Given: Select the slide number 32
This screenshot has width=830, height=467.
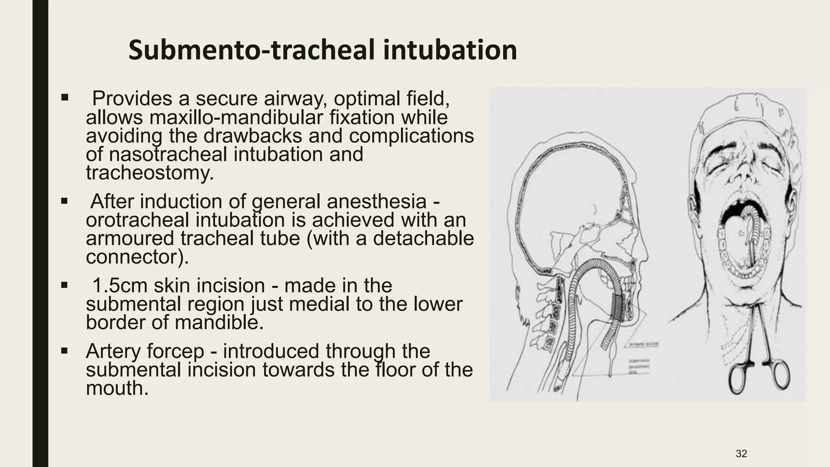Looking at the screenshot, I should pyautogui.click(x=741, y=454).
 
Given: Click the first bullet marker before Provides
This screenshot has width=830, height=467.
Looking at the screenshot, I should pyautogui.click(x=64, y=98).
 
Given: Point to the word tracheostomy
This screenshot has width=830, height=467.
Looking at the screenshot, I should pyautogui.click(x=149, y=173).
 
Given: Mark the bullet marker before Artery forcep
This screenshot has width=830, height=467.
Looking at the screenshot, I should pyautogui.click(x=64, y=350).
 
